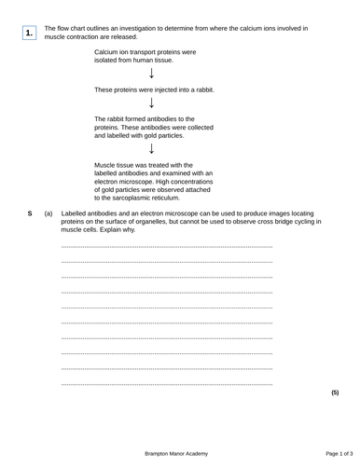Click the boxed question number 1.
click(x=30, y=34)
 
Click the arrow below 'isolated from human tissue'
click(x=152, y=73)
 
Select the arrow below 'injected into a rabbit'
click(x=152, y=103)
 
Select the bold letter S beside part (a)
click(x=30, y=213)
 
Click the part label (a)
click(x=48, y=213)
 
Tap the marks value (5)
click(x=335, y=393)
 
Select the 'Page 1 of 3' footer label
click(x=333, y=452)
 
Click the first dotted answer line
click(x=166, y=246)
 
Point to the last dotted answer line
click(x=166, y=384)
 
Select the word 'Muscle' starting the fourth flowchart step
click(x=105, y=164)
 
